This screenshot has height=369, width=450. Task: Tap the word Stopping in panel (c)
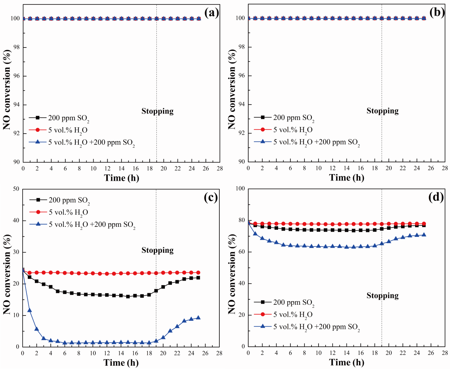pos(157,250)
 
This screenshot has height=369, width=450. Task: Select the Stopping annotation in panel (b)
pos(382,111)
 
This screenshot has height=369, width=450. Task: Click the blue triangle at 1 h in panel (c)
pos(30,310)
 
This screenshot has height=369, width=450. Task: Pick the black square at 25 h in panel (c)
pos(198,278)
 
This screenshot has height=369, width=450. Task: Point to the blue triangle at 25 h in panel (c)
pos(198,318)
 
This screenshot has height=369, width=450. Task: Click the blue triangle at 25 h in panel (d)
pos(424,235)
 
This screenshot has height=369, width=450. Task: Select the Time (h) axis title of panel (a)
pos(122,178)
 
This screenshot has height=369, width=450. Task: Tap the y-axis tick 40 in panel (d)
pos(241,284)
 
